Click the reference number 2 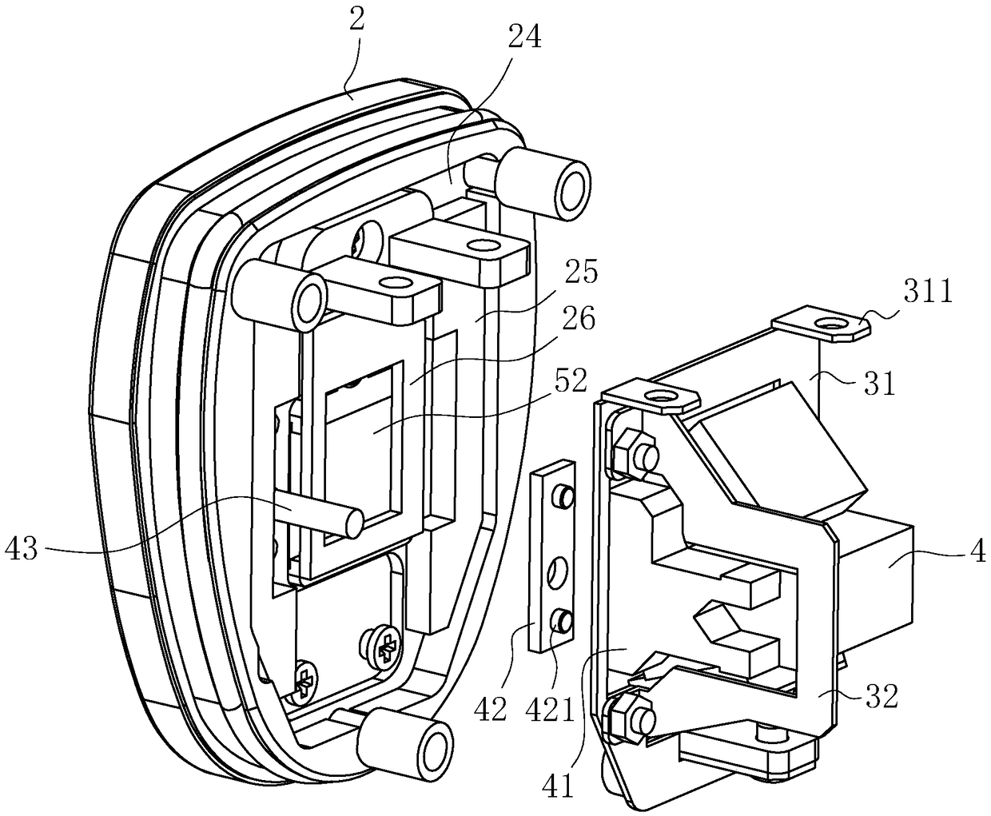point(356,21)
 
